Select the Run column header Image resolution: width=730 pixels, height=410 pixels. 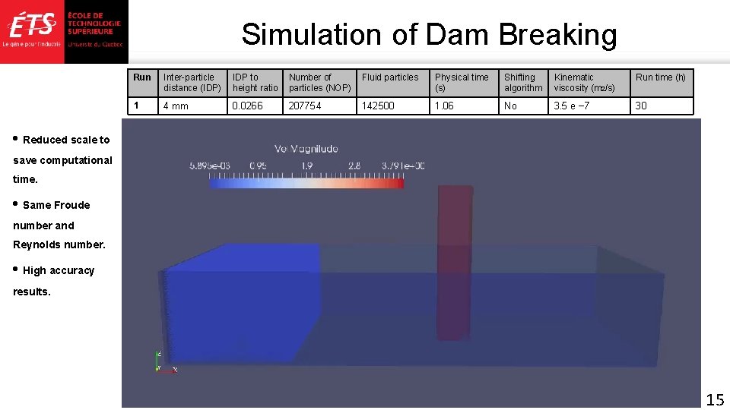pyautogui.click(x=142, y=77)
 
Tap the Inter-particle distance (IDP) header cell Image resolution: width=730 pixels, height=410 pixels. pyautogui.click(x=192, y=83)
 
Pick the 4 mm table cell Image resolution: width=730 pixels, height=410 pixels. pyautogui.click(x=176, y=106)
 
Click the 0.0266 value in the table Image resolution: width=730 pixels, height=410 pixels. pyautogui.click(x=248, y=106)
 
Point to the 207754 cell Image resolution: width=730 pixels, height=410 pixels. pyautogui.click(x=306, y=106)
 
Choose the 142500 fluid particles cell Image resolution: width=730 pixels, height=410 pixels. pyautogui.click(x=379, y=106)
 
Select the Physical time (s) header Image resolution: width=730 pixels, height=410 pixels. pyautogui.click(x=462, y=83)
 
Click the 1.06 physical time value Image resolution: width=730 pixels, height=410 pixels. pyautogui.click(x=444, y=106)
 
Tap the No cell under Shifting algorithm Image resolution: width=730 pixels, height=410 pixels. pyautogui.click(x=510, y=106)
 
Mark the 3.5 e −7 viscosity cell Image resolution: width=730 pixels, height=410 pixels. pyautogui.click(x=572, y=106)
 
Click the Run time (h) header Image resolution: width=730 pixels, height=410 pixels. pyautogui.click(x=661, y=77)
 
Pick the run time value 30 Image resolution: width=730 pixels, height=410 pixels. pyautogui.click(x=641, y=106)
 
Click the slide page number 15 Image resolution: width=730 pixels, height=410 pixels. pyautogui.click(x=715, y=399)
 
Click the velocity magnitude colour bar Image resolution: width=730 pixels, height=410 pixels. pyautogui.click(x=306, y=183)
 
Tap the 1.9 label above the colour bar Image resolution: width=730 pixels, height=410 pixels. pyautogui.click(x=306, y=166)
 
